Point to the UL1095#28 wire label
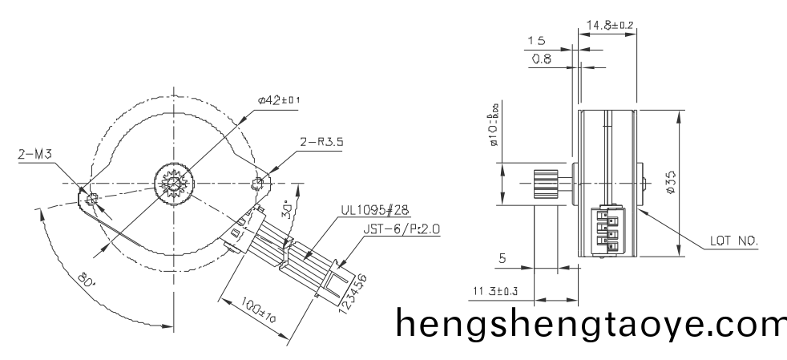pyautogui.click(x=375, y=211)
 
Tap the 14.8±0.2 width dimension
pyautogui.click(x=610, y=26)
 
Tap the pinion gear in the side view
pyautogui.click(x=546, y=184)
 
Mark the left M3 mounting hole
pyautogui.click(x=92, y=197)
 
